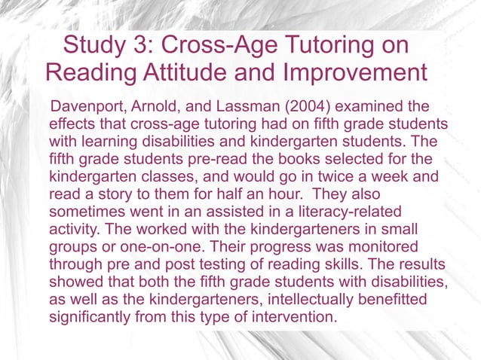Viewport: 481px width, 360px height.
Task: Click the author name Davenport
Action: pyautogui.click(x=85, y=105)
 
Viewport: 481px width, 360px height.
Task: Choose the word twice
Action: pyautogui.click(x=358, y=176)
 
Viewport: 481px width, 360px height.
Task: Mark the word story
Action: pyautogui.click(x=109, y=194)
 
